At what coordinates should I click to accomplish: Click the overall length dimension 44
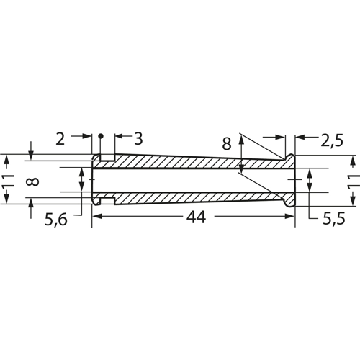click(197, 217)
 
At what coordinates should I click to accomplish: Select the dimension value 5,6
click(55, 220)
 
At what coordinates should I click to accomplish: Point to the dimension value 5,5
click(334, 218)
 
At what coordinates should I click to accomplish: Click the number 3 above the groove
click(138, 138)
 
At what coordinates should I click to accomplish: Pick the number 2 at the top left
click(60, 138)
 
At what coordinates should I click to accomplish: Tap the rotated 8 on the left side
click(32, 181)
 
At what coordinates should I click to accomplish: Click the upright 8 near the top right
click(227, 144)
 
